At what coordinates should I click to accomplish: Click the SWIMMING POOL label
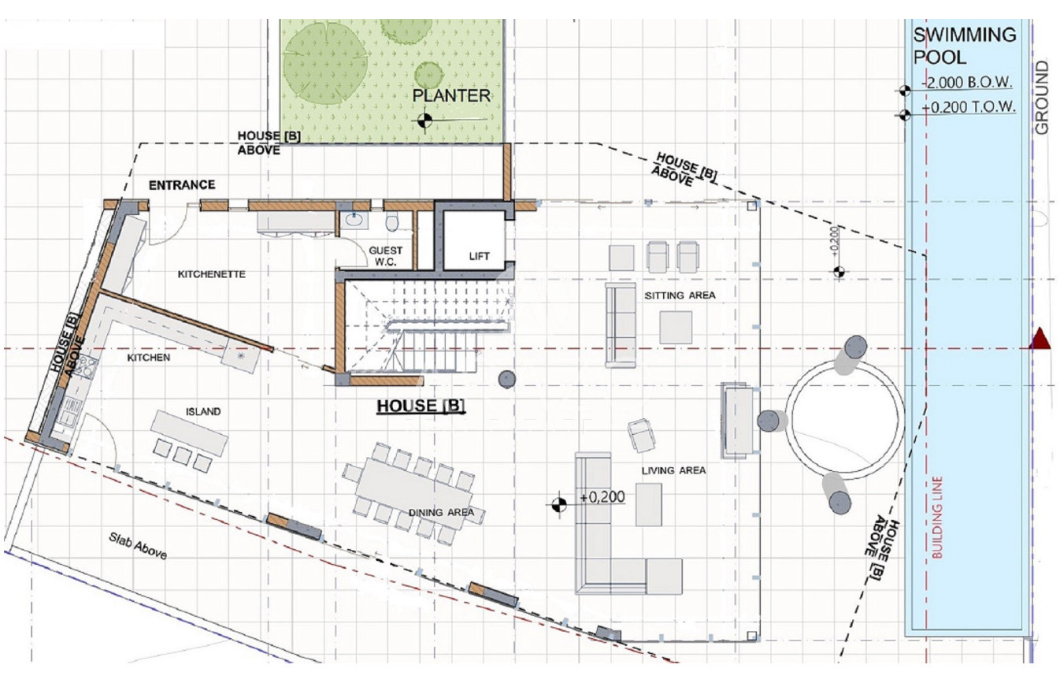coord(965,46)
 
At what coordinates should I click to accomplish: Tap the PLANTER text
coord(451,95)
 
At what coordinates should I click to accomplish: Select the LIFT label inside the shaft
coord(479,256)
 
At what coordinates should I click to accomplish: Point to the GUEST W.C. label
coord(386,256)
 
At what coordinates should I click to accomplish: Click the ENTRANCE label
coord(182,184)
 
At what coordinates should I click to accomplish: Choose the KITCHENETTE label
coord(212,274)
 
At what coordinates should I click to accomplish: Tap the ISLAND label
coord(203,411)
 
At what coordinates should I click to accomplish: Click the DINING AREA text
coord(441,512)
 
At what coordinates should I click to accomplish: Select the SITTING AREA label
coord(680,295)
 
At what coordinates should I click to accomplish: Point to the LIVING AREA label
coord(673,470)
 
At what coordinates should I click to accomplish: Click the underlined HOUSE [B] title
coord(421,406)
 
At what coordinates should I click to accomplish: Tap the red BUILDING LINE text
coord(937,517)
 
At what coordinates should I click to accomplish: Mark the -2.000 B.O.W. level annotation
coord(967,83)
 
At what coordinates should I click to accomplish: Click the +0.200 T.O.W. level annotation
coord(968,107)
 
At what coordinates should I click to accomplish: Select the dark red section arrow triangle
coord(1040,339)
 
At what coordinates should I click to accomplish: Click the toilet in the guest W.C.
coord(392,221)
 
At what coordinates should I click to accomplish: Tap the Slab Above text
coord(138,546)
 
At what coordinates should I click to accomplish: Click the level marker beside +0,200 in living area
coord(559,504)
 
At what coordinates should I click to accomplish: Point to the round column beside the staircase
coord(507,379)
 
